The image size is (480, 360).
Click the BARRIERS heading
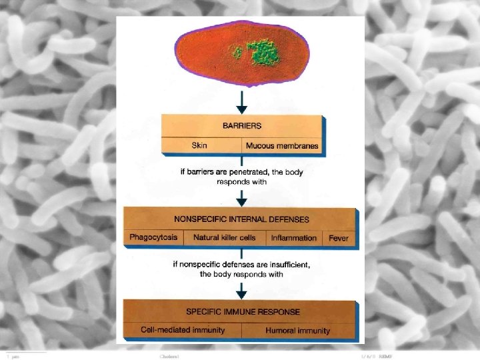242,125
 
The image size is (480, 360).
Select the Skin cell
200,145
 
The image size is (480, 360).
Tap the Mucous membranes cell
282,145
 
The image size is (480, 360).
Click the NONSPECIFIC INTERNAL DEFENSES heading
241,219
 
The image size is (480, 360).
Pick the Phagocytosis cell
153,237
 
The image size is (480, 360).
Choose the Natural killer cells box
224,237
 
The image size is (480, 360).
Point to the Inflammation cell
293,238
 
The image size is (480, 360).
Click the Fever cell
339,238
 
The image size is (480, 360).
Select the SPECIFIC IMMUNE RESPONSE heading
243,311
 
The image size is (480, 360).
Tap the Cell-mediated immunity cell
183,330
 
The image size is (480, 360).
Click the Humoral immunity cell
297,330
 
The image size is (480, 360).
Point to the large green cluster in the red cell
263,51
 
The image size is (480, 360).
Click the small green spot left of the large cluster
236,51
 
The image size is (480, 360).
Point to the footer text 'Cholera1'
170,357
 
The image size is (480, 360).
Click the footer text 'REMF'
386,357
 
